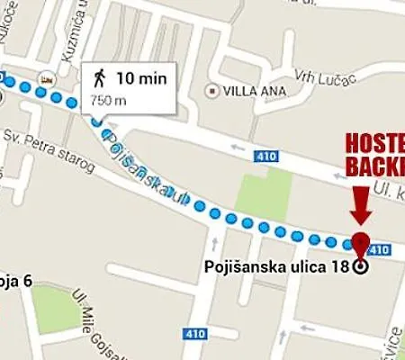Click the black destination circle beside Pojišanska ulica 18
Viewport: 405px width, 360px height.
click(x=361, y=266)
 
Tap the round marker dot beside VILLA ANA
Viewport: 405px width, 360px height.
click(x=212, y=90)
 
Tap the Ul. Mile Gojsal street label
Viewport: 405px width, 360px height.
click(x=99, y=319)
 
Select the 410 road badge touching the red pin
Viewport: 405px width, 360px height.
click(x=379, y=248)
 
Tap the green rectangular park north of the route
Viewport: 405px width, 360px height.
click(x=265, y=193)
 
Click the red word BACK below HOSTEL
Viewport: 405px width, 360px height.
click(x=376, y=166)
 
